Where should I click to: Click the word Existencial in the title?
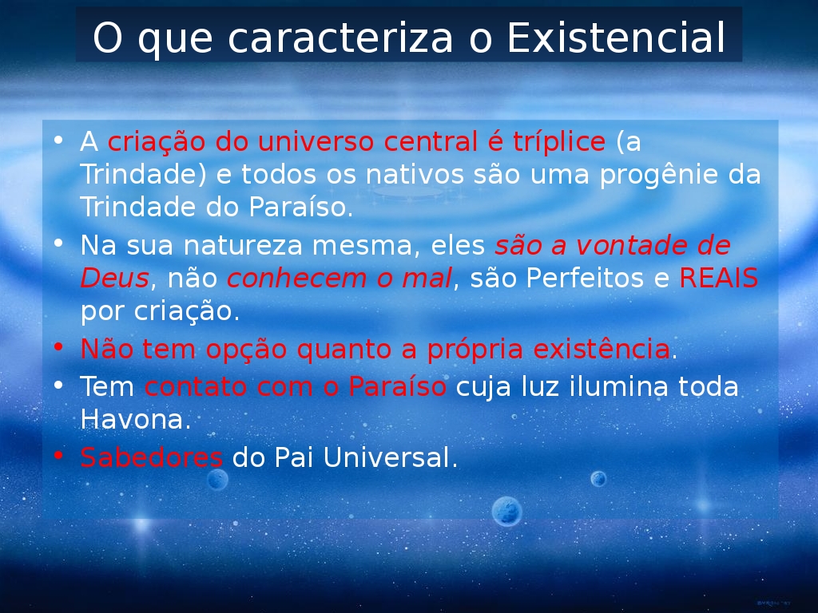click(x=616, y=38)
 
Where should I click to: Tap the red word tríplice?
click(x=559, y=142)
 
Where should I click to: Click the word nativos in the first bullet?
click(x=415, y=174)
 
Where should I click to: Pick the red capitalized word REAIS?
click(x=718, y=278)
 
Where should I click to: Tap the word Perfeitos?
click(x=585, y=278)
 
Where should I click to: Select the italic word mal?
click(x=427, y=278)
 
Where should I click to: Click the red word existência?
click(x=602, y=349)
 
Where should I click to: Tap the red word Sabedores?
click(x=151, y=457)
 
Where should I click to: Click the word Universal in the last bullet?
click(x=387, y=457)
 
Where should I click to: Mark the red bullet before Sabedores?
click(x=58, y=456)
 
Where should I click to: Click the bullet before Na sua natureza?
click(x=58, y=243)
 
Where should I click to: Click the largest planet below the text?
click(x=506, y=511)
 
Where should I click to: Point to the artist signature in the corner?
click(x=774, y=603)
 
